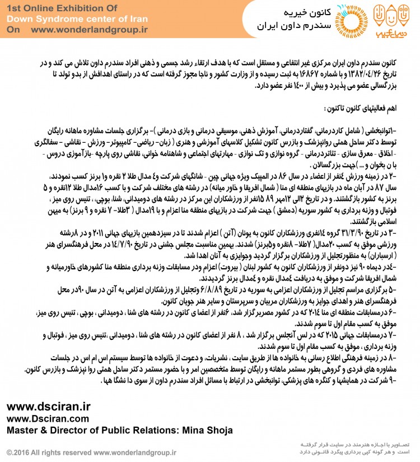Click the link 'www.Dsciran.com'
tap(47, 419)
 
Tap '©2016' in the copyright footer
tap(17, 451)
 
